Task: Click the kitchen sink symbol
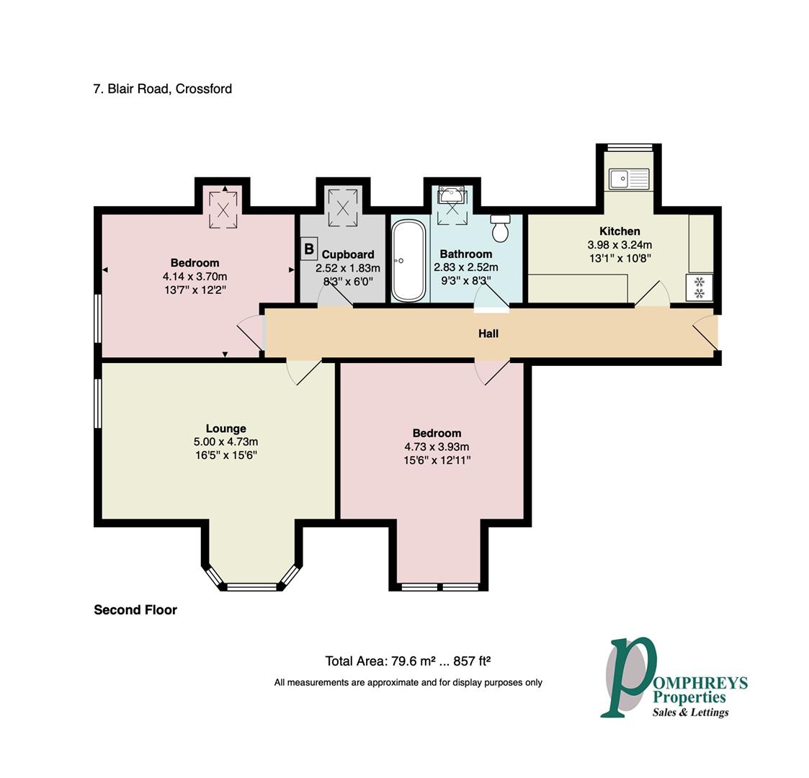click(x=628, y=179)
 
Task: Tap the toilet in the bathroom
click(x=500, y=228)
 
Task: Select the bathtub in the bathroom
click(x=408, y=261)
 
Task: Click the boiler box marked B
click(x=308, y=249)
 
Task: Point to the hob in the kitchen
click(x=699, y=287)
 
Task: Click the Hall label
click(x=488, y=334)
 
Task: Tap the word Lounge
click(x=226, y=429)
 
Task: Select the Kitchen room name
click(x=620, y=231)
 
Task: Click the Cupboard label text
click(x=348, y=254)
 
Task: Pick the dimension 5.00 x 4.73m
click(x=226, y=442)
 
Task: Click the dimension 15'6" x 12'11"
click(x=437, y=460)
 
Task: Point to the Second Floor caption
click(x=135, y=610)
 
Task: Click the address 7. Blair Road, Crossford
click(x=163, y=89)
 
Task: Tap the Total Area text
click(x=408, y=661)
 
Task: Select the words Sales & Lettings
click(x=690, y=712)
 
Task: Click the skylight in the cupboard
click(x=343, y=208)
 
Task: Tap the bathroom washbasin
click(x=452, y=195)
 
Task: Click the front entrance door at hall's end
click(x=705, y=334)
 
